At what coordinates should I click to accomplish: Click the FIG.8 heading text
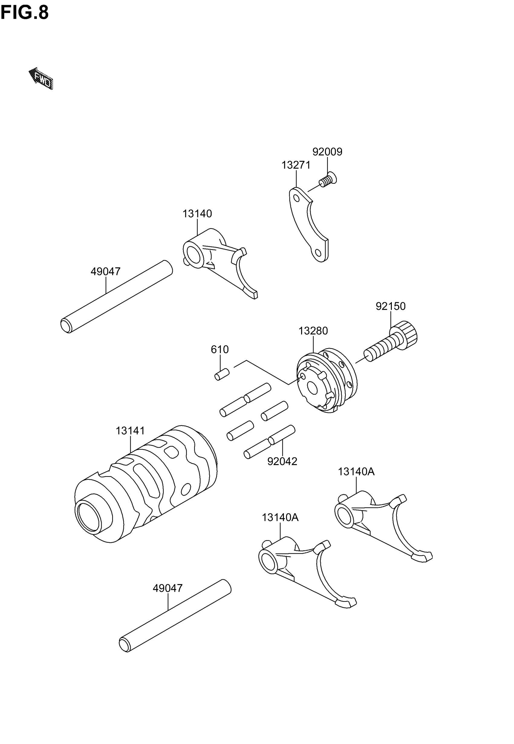(24, 13)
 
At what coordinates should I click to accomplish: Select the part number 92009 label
(327, 152)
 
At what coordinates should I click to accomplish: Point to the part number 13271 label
(296, 165)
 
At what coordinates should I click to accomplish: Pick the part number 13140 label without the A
(197, 214)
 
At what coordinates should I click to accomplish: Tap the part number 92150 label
(390, 306)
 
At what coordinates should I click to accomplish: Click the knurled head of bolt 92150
(407, 333)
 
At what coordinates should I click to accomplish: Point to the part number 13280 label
(313, 331)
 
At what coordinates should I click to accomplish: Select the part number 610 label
(220, 349)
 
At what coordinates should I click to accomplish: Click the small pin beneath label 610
(222, 374)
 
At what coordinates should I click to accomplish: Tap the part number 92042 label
(282, 461)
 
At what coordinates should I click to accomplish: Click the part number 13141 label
(130, 431)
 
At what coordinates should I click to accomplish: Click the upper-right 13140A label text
(356, 472)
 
